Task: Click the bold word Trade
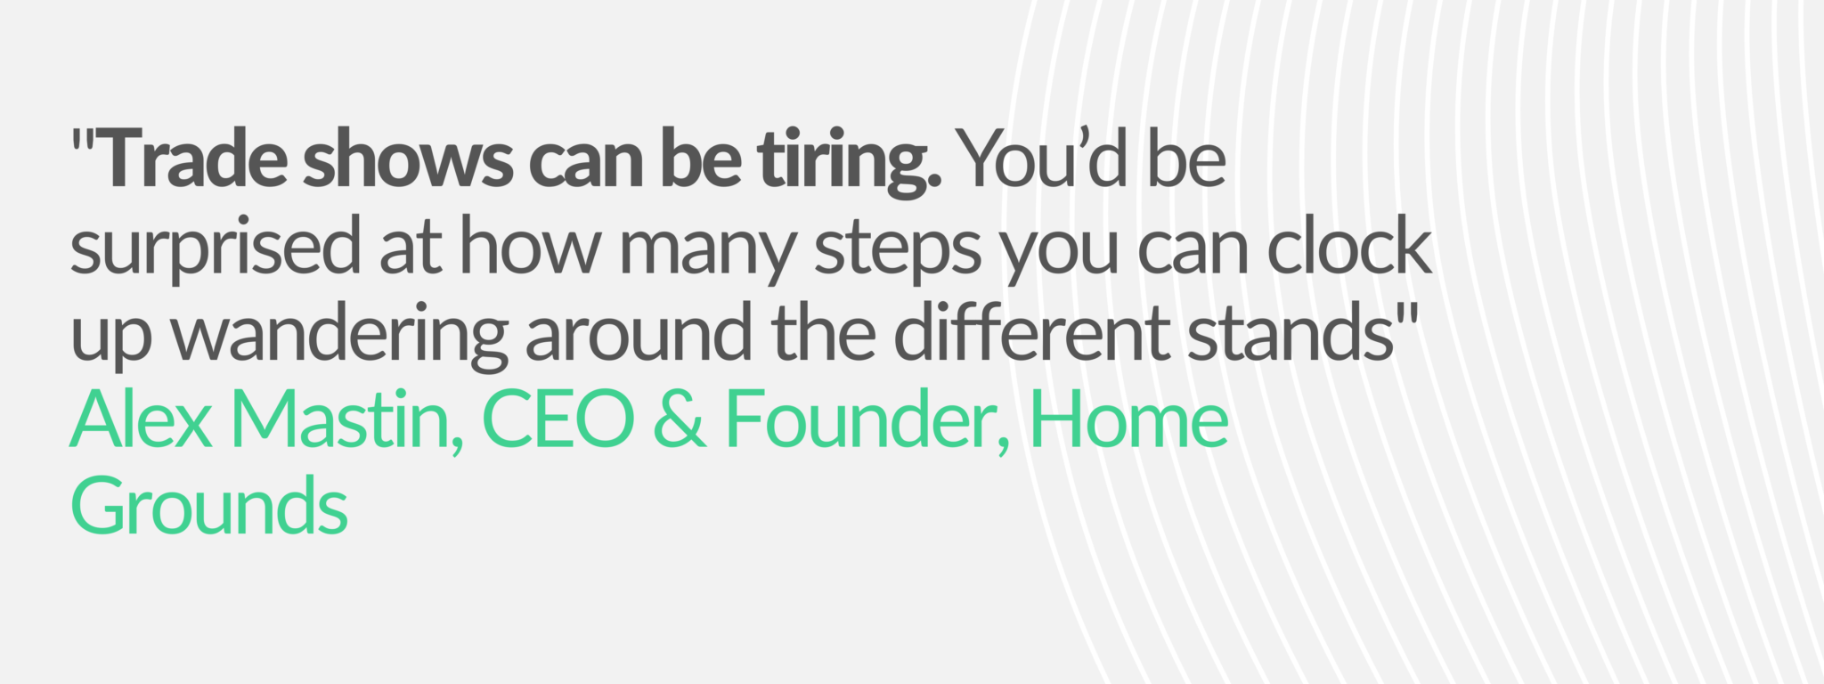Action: (x=191, y=159)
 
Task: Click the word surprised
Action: (x=215, y=249)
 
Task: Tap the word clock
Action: (x=1350, y=245)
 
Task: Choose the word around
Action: (x=639, y=331)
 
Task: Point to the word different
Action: (x=1030, y=330)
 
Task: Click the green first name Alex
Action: (x=142, y=418)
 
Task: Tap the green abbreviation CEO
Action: (x=558, y=419)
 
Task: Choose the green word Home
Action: (x=1129, y=418)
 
